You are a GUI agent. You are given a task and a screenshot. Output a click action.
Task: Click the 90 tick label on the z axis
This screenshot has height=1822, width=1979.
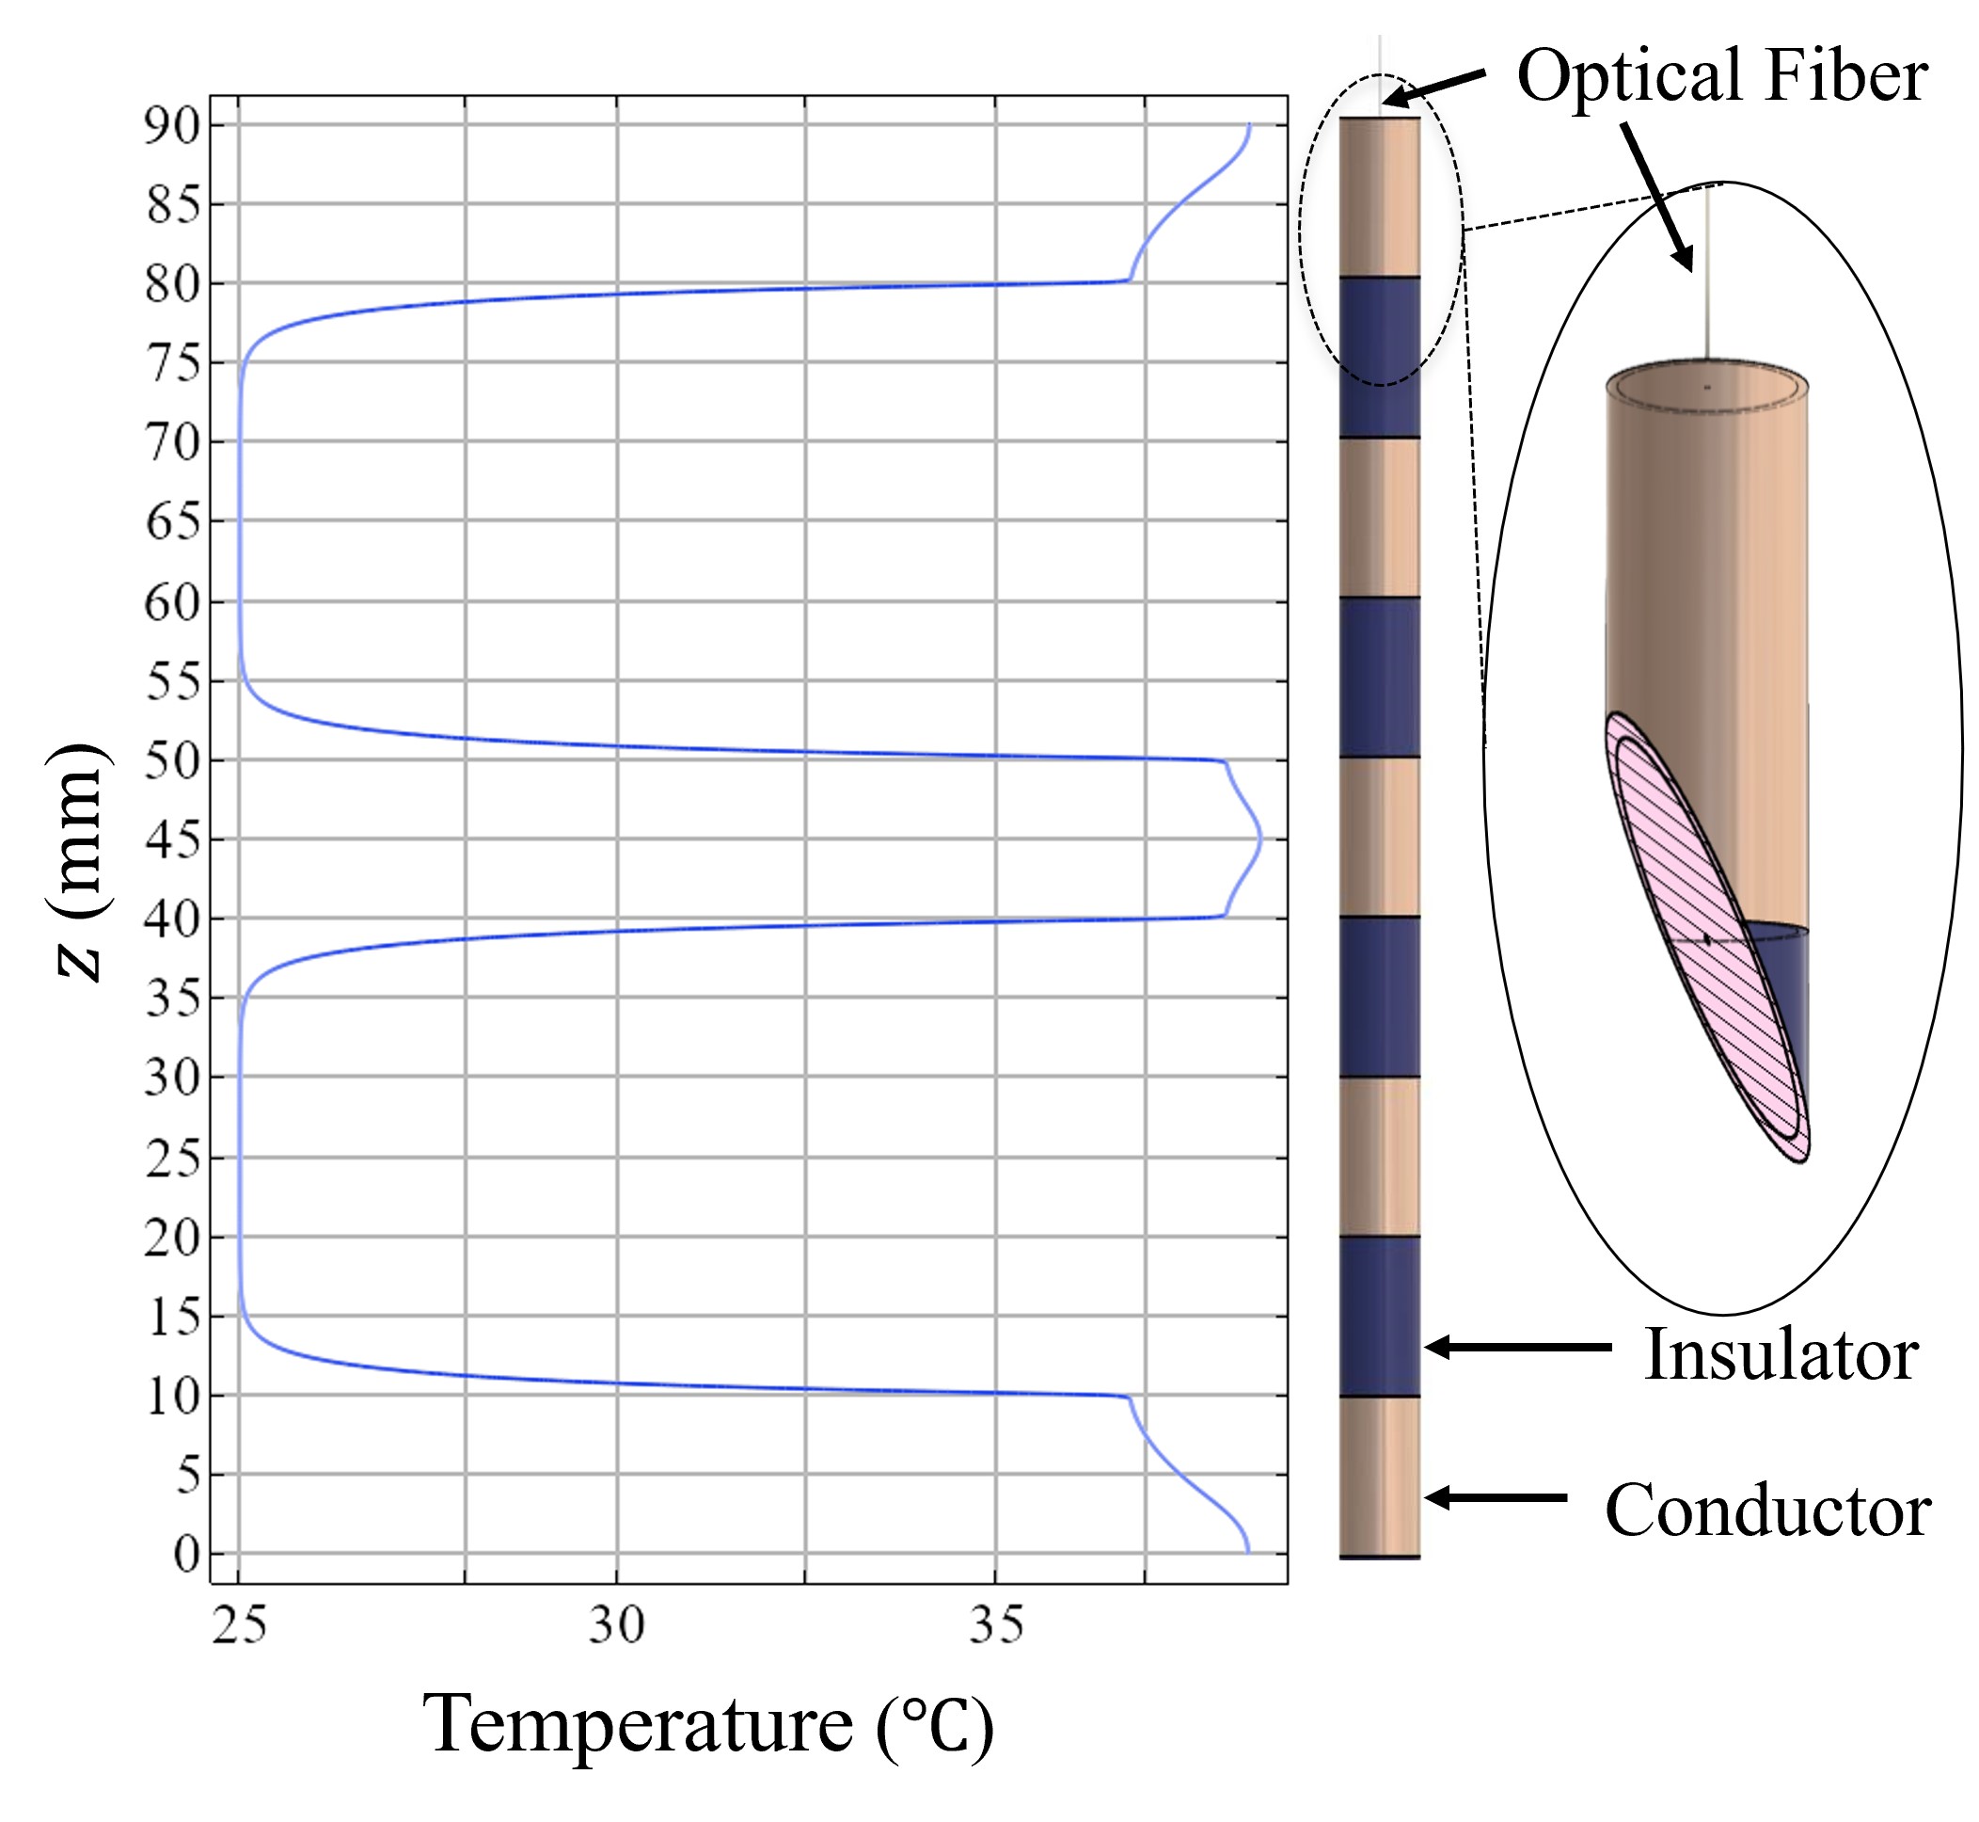[173, 126]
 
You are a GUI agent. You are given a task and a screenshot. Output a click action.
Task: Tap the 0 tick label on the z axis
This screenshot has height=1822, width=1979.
[186, 1555]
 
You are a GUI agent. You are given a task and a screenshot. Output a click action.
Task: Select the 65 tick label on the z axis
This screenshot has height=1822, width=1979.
[173, 522]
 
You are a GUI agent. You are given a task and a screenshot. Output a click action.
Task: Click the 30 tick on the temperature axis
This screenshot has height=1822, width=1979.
[617, 1624]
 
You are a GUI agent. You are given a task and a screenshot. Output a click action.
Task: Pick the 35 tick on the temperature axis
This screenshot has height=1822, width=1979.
[995, 1624]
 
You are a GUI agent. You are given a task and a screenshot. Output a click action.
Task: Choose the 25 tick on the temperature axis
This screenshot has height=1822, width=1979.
[240, 1624]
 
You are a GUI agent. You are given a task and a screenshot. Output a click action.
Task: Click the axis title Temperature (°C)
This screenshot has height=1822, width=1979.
[707, 1725]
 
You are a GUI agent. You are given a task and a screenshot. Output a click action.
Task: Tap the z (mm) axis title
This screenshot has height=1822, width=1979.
[79, 862]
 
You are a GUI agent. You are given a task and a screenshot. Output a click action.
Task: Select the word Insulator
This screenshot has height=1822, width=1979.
[1780, 1354]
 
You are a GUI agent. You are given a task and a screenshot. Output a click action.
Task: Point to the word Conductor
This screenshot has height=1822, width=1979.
[1767, 1510]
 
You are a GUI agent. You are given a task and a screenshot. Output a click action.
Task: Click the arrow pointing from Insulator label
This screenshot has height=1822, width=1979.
[1518, 1347]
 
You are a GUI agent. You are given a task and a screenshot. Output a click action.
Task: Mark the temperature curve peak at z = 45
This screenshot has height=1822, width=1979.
[1260, 840]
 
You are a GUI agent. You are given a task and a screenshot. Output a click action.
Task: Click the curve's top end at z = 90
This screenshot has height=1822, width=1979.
[1250, 125]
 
